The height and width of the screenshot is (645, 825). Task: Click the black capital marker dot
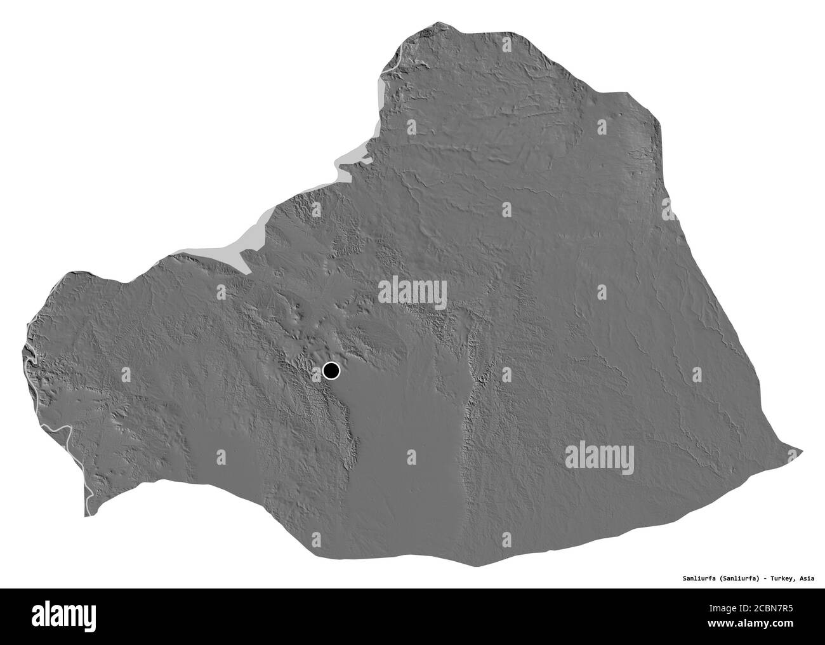[331, 370]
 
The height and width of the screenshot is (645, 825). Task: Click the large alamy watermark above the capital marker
[412, 292]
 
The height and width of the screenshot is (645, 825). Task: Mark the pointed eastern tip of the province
[802, 452]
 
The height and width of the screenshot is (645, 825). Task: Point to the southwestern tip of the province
[87, 514]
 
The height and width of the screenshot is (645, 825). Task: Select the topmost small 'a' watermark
[506, 45]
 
